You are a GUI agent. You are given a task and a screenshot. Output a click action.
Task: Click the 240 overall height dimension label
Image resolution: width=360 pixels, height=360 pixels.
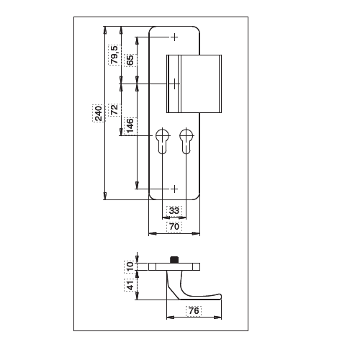tap(99, 113)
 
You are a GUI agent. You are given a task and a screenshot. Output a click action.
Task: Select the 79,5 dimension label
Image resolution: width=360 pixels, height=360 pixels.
tap(114, 55)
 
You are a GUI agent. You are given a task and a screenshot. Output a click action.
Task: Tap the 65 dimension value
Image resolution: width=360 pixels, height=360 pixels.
tap(130, 60)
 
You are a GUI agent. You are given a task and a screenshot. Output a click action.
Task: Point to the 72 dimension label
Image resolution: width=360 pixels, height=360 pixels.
tap(114, 109)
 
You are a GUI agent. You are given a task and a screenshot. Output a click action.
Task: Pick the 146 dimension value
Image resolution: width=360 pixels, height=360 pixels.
tap(130, 125)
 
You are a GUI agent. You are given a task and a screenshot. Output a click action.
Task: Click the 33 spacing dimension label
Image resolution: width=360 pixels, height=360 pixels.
tap(174, 211)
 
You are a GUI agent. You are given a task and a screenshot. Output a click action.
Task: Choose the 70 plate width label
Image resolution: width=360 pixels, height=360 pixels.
tap(174, 227)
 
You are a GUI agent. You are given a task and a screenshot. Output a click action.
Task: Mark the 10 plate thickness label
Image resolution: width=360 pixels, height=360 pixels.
tap(130, 266)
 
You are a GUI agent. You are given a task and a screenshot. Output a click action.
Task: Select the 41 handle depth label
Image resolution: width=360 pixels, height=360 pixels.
tap(130, 285)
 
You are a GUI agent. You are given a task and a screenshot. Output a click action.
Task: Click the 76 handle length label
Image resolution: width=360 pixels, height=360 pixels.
tap(194, 311)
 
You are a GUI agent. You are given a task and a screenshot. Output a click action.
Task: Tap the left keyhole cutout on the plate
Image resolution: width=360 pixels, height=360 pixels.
tap(162, 141)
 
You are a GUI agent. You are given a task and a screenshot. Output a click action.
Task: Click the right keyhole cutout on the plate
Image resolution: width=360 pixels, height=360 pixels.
tap(186, 141)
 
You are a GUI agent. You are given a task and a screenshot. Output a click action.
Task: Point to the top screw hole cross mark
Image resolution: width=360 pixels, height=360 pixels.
tap(174, 37)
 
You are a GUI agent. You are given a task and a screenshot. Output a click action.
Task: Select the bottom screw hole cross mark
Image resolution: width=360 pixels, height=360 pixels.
tap(174, 189)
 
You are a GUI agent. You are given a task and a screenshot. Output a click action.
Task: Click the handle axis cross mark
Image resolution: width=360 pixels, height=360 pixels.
tap(174, 84)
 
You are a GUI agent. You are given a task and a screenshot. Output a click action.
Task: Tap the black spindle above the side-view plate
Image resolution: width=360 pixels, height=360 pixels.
tap(174, 260)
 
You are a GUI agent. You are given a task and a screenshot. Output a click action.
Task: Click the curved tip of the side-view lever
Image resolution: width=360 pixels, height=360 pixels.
tap(219, 296)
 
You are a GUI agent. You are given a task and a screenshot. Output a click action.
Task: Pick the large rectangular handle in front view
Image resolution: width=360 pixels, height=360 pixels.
tap(194, 84)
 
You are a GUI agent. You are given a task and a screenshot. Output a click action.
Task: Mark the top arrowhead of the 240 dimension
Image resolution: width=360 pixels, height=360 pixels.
tap(104, 30)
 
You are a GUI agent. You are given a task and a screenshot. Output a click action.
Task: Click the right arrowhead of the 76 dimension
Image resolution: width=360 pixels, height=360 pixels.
tap(218, 318)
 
